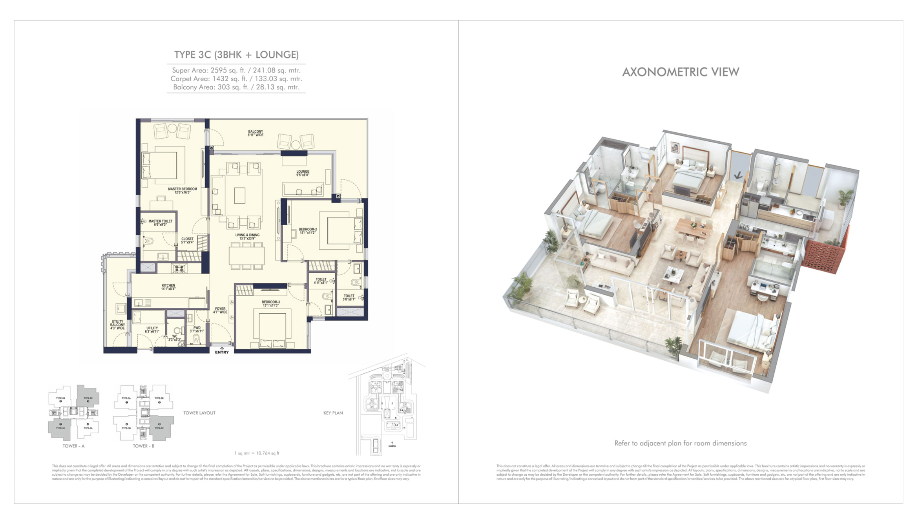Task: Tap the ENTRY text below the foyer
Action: click(x=222, y=352)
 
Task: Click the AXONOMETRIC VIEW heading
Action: click(x=681, y=72)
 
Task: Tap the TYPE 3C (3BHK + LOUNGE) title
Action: click(x=236, y=55)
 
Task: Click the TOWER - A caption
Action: click(x=73, y=446)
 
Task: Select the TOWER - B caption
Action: click(x=144, y=446)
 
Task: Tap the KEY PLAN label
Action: click(x=333, y=413)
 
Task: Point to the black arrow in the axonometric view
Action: click(x=738, y=175)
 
